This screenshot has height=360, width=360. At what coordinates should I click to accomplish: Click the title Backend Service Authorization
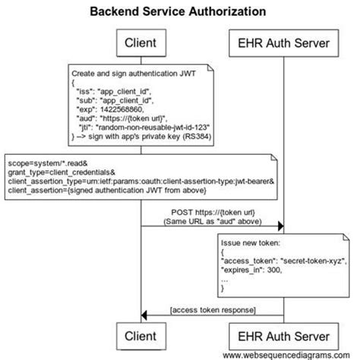(x=179, y=11)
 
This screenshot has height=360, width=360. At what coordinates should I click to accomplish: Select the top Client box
(x=141, y=43)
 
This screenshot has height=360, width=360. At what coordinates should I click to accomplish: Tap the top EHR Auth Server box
(x=284, y=43)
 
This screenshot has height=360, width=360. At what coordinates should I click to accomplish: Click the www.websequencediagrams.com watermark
(x=288, y=354)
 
